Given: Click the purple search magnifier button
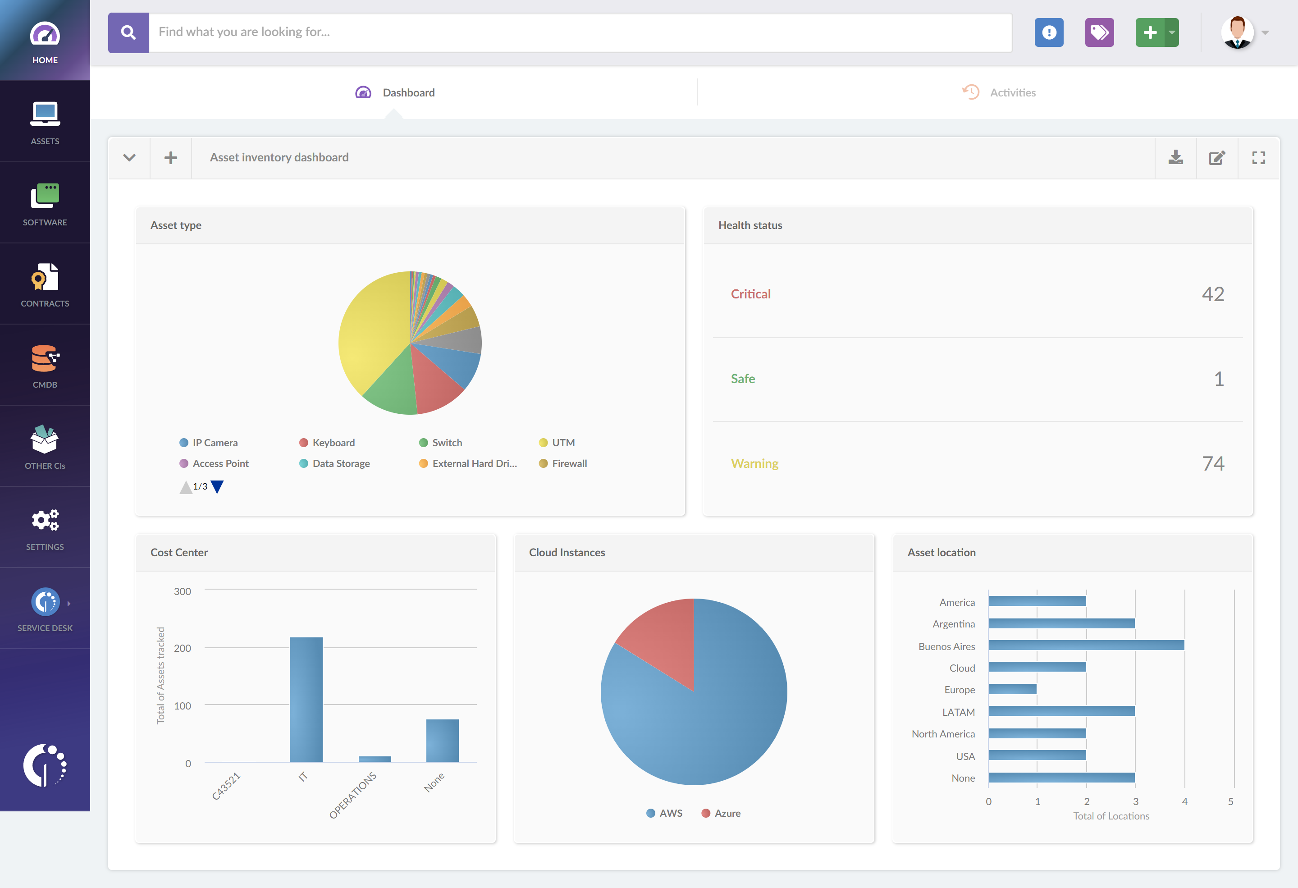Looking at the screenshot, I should pyautogui.click(x=128, y=32).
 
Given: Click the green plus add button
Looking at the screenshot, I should pyautogui.click(x=1149, y=32).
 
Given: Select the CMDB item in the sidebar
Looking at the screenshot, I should pyautogui.click(x=45, y=366).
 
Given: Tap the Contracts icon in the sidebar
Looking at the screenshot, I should pyautogui.click(x=45, y=278).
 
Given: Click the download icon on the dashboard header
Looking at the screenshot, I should pyautogui.click(x=1175, y=157).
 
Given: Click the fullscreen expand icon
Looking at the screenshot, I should pyautogui.click(x=1258, y=157).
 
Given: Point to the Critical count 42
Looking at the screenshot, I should pyautogui.click(x=1212, y=294).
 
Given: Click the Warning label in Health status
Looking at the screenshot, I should pyautogui.click(x=754, y=463).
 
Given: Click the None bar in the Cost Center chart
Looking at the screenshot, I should pyautogui.click(x=442, y=740).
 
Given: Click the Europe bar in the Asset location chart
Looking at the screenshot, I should pyautogui.click(x=1012, y=689).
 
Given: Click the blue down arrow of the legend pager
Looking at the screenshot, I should pyautogui.click(x=217, y=486).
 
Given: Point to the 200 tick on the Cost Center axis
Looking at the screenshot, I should pyautogui.click(x=182, y=648).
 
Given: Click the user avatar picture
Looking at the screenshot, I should pyautogui.click(x=1237, y=32).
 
